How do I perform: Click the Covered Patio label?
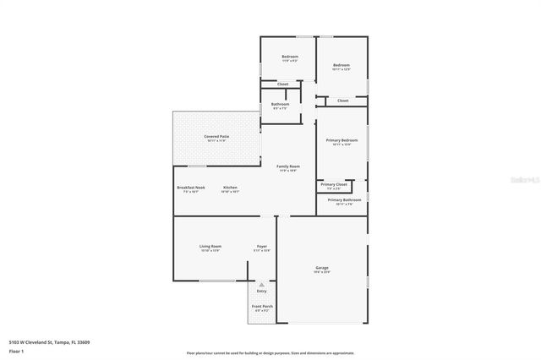(x=216, y=136)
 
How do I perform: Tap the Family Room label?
(x=288, y=166)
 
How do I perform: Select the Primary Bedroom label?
(x=342, y=140)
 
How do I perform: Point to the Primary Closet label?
(x=334, y=183)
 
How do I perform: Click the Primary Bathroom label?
(x=342, y=200)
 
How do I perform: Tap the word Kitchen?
(x=230, y=187)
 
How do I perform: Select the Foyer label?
(x=262, y=246)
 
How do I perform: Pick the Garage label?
(x=322, y=268)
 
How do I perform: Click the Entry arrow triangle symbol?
(x=262, y=285)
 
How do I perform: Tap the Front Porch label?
(x=262, y=306)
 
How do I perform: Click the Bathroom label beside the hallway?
(x=280, y=104)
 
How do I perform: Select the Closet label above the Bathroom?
(x=282, y=84)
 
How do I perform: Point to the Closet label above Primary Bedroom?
(x=342, y=101)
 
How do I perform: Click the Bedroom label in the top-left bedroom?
(x=289, y=57)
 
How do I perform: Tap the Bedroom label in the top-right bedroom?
(x=342, y=65)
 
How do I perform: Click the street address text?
(x=49, y=342)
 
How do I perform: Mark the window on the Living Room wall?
(x=216, y=281)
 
